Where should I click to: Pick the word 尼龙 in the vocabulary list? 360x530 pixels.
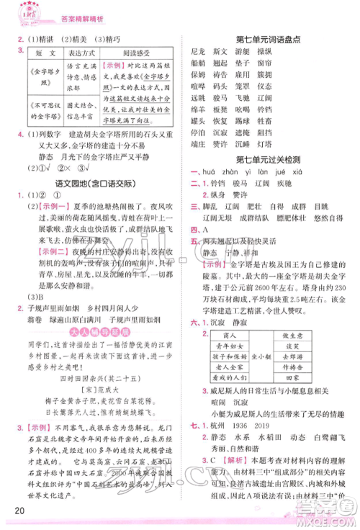(199, 53)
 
